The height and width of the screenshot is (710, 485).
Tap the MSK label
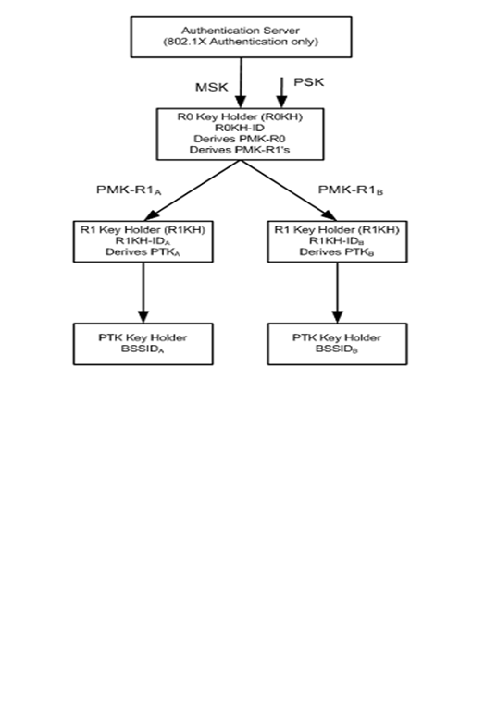click(210, 86)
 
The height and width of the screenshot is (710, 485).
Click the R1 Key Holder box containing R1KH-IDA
click(143, 239)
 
